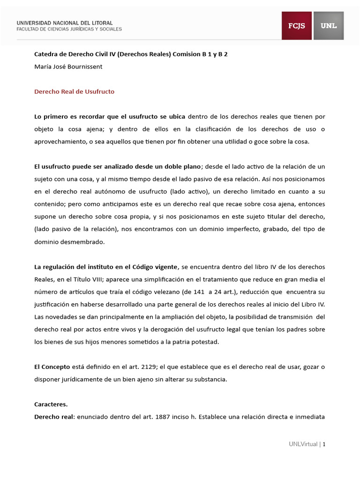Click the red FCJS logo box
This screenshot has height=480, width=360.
point(296,26)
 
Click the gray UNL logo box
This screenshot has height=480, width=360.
point(329,26)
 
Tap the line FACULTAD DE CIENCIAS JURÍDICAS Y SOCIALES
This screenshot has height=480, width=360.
point(69,29)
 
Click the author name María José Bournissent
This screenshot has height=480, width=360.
point(68,67)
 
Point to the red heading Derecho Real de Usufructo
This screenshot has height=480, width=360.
point(74,92)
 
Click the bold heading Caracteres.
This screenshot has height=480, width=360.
point(51,404)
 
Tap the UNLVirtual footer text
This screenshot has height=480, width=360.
point(303,444)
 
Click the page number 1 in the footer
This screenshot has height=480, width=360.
point(324,444)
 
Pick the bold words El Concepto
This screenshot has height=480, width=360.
point(52,367)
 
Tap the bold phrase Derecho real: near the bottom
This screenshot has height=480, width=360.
point(54,416)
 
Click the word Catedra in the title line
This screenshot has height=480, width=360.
point(46,54)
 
